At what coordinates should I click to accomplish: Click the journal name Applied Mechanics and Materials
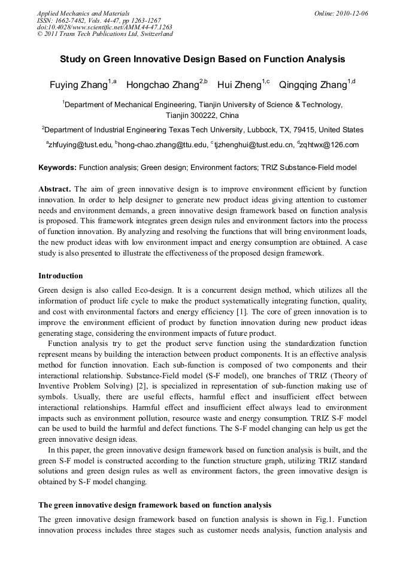[83, 13]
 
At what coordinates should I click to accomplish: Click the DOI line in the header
[105, 27]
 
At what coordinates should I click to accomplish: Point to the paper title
[202, 59]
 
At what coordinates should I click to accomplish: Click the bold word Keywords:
[57, 168]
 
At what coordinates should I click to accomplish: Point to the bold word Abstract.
[55, 189]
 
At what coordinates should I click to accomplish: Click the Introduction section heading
[60, 276]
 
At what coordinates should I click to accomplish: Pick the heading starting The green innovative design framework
[154, 505]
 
